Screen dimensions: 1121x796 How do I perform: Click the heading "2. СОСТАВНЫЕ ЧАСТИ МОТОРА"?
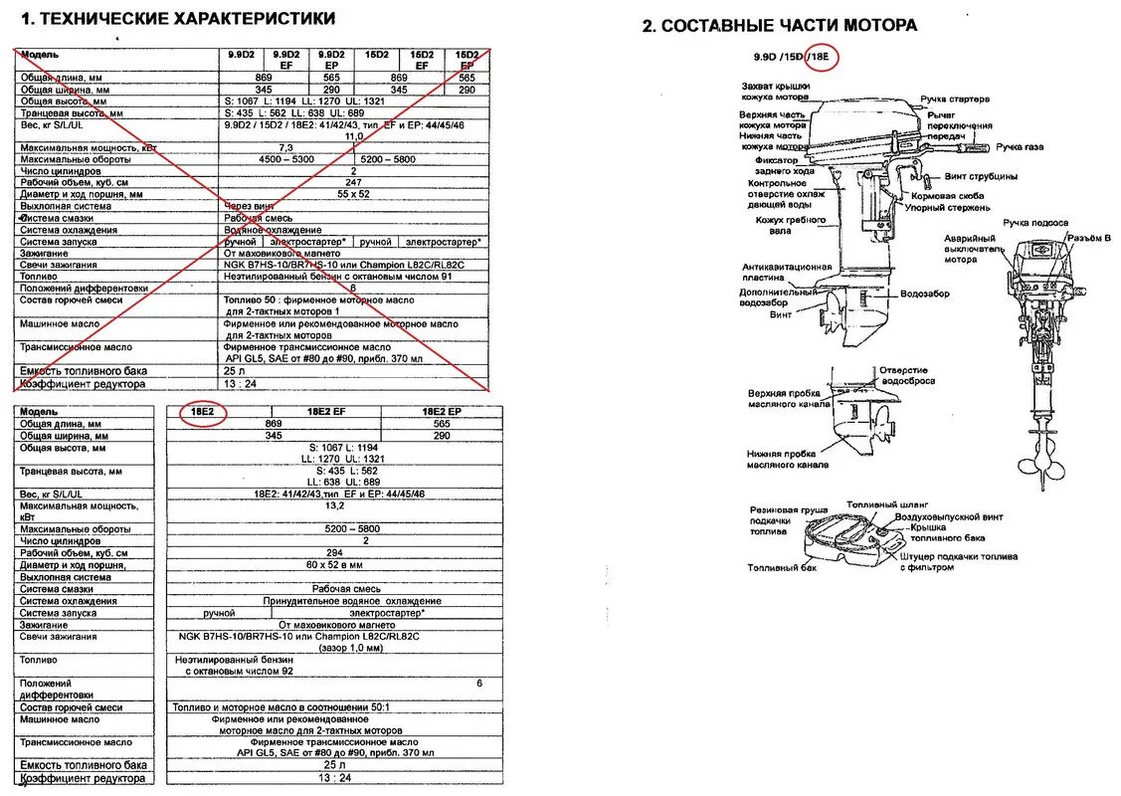(780, 26)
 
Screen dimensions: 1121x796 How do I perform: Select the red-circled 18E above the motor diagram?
(824, 57)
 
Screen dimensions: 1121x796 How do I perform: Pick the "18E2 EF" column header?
(326, 411)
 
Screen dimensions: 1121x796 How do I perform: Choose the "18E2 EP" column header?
(441, 411)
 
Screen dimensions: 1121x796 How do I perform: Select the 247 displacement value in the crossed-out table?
(353, 183)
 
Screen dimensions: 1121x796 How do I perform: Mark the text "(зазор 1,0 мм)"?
(351, 648)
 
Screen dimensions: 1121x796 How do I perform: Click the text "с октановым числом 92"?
(243, 672)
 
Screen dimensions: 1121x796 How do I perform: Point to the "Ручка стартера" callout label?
(955, 99)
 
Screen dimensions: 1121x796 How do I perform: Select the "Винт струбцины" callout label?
(981, 177)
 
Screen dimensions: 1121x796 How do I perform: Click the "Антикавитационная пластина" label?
(786, 273)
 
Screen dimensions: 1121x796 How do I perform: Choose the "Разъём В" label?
(1088, 237)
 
